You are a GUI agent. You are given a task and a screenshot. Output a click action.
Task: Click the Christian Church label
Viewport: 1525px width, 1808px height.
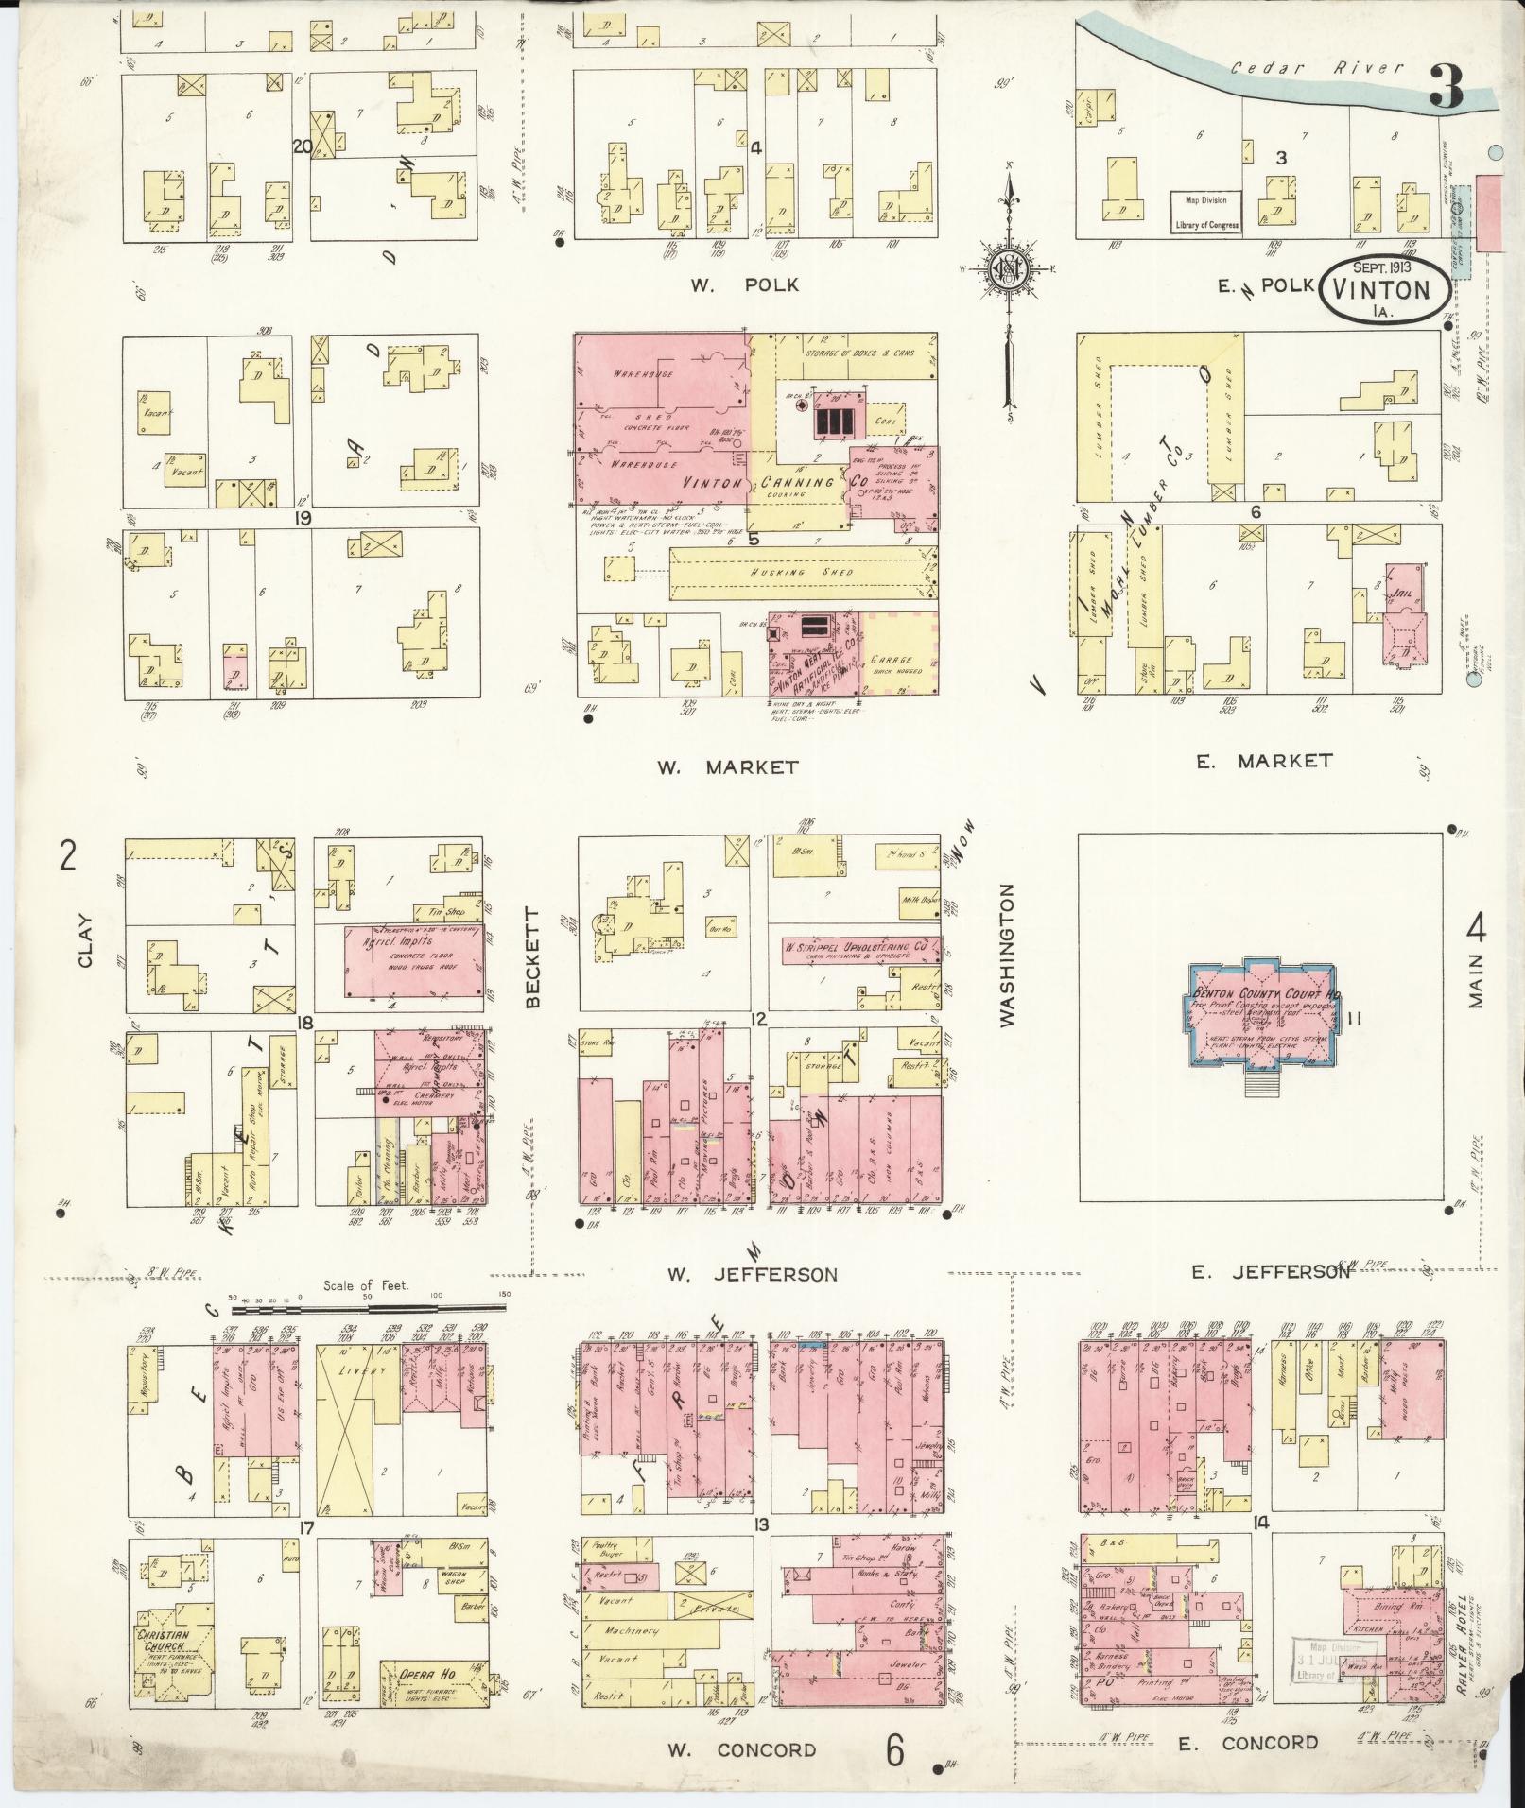(x=163, y=1640)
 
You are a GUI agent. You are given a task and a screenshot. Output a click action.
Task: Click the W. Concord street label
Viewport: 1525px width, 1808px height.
(x=741, y=1749)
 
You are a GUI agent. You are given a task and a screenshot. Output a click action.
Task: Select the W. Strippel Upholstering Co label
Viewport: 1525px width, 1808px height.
(x=859, y=945)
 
